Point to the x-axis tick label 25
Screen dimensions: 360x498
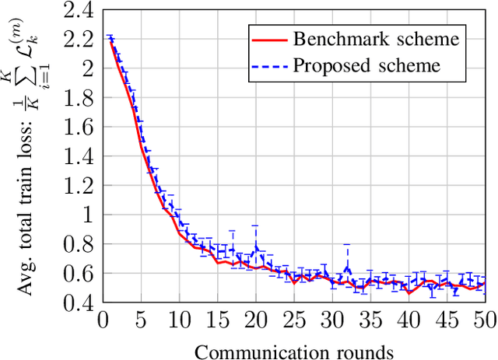tap(293, 320)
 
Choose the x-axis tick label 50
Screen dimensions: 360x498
tap(484, 320)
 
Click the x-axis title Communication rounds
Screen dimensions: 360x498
tap(294, 351)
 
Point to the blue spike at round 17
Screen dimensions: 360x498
tap(232, 233)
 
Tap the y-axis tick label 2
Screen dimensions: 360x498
tap(88, 68)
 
